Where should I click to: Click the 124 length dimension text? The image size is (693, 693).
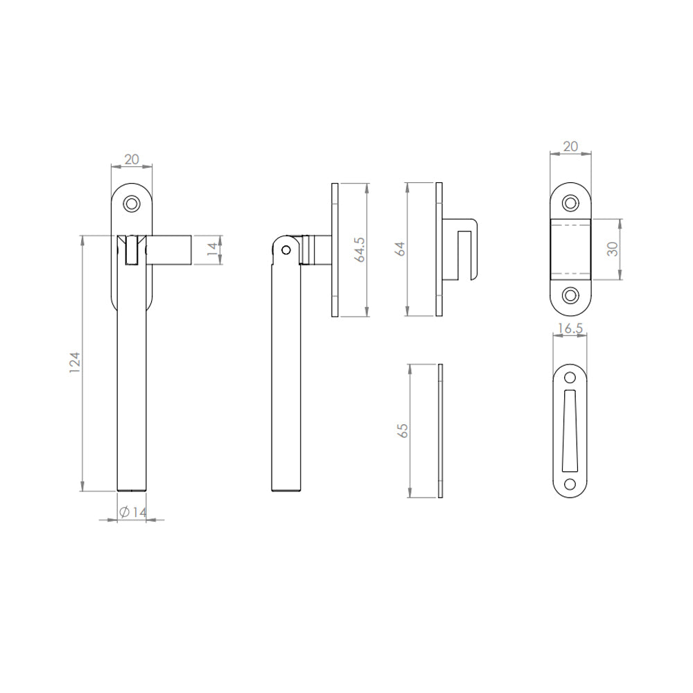click(76, 363)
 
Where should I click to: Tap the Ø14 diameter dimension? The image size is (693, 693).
click(132, 512)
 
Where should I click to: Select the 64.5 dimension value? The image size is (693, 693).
click(359, 249)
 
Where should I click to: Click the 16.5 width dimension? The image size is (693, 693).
click(568, 329)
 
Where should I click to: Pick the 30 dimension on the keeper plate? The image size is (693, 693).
click(612, 249)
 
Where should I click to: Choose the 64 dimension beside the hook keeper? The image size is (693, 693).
click(401, 249)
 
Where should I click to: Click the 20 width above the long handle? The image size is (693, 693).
click(131, 159)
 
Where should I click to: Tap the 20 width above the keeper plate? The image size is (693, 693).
click(570, 146)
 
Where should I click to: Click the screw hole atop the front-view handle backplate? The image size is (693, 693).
click(132, 204)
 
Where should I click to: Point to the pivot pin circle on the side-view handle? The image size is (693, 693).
click(284, 250)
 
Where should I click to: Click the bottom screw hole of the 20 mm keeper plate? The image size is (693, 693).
click(570, 295)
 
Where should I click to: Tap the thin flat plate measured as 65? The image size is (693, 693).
click(439, 430)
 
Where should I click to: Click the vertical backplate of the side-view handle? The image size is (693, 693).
click(335, 249)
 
